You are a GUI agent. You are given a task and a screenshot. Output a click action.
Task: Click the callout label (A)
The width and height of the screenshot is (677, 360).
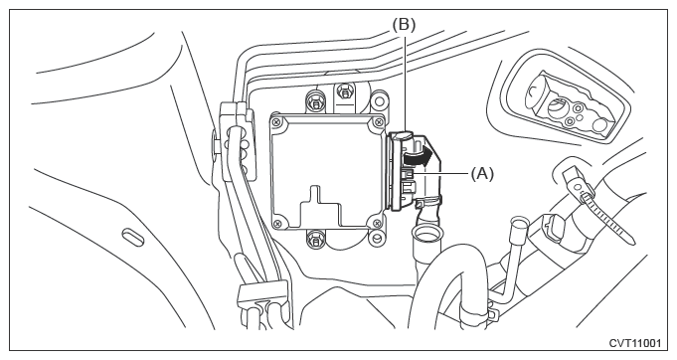(x=482, y=174)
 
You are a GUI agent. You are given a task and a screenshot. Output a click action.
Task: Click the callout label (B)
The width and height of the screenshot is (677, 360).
(x=404, y=25)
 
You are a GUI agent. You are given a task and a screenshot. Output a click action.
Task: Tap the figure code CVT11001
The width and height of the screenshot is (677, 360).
(x=634, y=343)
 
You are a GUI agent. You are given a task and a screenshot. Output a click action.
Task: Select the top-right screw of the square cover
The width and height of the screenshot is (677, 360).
(x=379, y=121)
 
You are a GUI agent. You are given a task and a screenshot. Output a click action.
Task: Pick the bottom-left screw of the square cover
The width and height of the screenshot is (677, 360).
(x=277, y=223)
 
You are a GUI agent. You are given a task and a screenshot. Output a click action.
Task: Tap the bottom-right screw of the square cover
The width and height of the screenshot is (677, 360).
(x=378, y=223)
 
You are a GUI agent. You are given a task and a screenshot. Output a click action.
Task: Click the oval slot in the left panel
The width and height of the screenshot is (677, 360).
(x=132, y=237)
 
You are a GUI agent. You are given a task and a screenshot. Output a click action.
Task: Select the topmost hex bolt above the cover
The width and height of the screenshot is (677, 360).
(x=344, y=91)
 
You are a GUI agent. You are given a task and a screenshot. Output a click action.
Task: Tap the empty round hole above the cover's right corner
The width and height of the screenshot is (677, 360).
(x=379, y=101)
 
